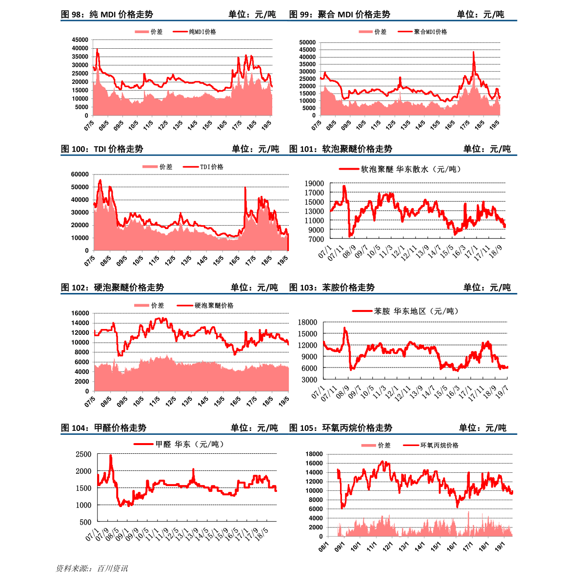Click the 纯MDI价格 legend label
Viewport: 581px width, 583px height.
pyautogui.click(x=202, y=32)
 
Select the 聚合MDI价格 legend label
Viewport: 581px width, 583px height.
pyautogui.click(x=430, y=32)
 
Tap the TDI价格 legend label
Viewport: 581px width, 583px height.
pyautogui.click(x=212, y=167)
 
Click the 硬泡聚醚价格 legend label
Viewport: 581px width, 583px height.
pyautogui.click(x=214, y=306)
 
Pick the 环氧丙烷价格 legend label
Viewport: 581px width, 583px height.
pyautogui.click(x=440, y=445)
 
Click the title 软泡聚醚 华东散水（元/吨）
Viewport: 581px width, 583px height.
pyautogui.click(x=411, y=169)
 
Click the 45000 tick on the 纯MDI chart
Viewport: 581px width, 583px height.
pyautogui.click(x=80, y=40)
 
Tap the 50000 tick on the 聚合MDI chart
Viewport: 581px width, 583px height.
pyautogui.click(x=308, y=42)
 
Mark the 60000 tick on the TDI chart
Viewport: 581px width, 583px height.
pyautogui.click(x=80, y=175)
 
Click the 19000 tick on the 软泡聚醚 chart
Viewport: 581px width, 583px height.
pyautogui.click(x=314, y=183)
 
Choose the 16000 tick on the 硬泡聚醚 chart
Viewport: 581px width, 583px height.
pyautogui.click(x=80, y=313)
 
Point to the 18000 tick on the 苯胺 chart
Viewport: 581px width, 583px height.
pyautogui.click(x=307, y=322)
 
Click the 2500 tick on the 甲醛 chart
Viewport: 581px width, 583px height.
pyautogui.click(x=83, y=454)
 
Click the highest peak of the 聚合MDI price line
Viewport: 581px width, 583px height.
pyautogui.click(x=473, y=52)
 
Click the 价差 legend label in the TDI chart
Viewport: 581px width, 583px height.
pyautogui.click(x=166, y=167)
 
